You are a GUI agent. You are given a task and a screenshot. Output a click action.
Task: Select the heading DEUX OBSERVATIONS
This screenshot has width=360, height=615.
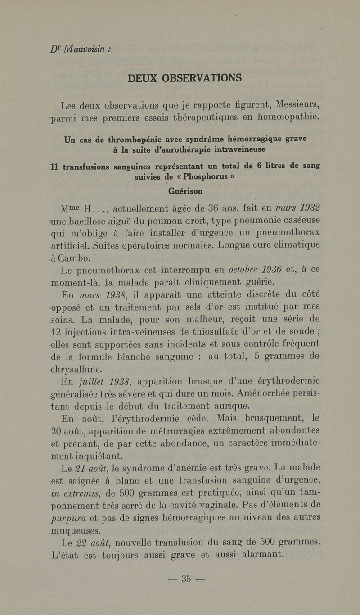pyautogui.click(x=184, y=78)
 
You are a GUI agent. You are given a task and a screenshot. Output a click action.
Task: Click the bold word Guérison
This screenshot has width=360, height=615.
pyautogui.click(x=185, y=191)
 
